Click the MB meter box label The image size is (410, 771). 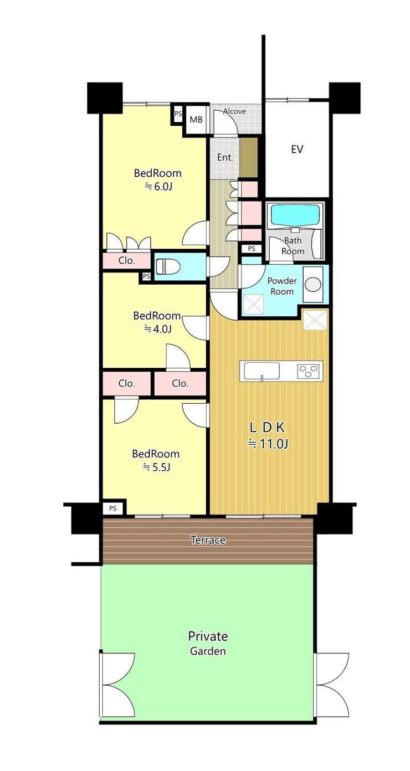[196, 120]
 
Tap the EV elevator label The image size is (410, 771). [297, 150]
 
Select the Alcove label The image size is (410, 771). [234, 111]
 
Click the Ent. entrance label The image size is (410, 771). [225, 158]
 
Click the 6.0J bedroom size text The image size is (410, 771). [158, 187]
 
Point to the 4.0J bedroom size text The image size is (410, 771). [157, 330]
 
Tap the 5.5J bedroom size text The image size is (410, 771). [157, 467]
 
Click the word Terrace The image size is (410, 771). [208, 540]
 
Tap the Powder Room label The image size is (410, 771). [282, 286]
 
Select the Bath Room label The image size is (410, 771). [293, 246]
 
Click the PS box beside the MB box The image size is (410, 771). [178, 114]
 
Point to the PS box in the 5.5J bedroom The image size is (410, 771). [112, 508]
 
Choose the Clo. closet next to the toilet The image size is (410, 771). [126, 260]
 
